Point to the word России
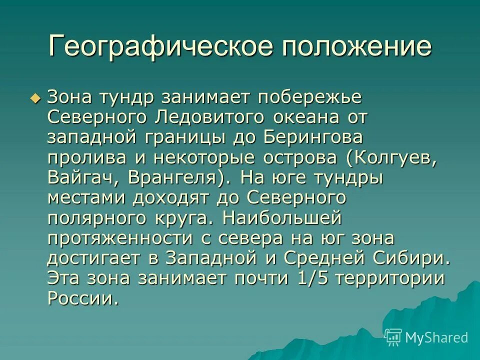pos(83,298)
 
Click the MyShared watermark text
pos(437,337)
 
